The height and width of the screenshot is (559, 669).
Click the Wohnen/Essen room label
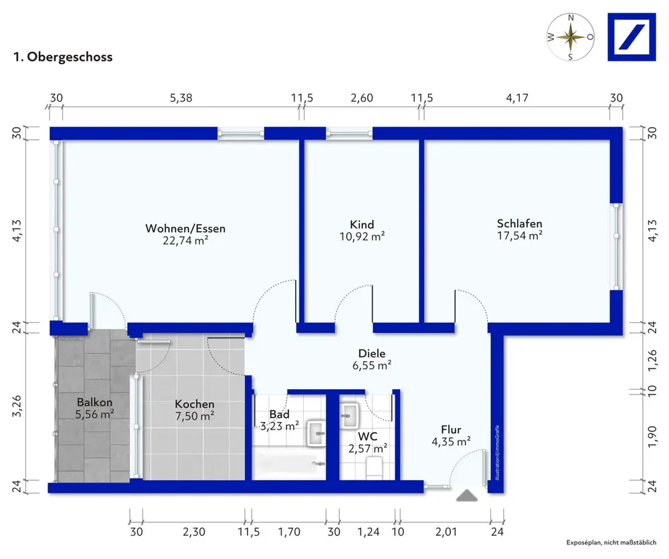pos(185,229)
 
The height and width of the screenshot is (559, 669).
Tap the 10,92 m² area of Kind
pos(362,236)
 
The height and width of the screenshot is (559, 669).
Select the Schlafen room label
pos(519,223)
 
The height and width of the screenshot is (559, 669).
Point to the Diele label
pos(371,353)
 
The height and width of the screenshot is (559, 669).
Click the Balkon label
pos(95,402)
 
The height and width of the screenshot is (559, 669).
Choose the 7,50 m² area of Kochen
pos(195,416)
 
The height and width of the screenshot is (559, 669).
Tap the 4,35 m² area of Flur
pos(451,441)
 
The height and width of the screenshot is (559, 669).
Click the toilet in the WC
pos(375,468)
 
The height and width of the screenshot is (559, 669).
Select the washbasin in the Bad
pos(316,434)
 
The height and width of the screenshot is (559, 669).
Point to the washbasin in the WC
pos(350,415)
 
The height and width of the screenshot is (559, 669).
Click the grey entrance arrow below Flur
pos(467,495)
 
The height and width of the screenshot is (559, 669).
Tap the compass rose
pos(571,37)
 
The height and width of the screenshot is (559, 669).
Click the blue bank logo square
pos(632,37)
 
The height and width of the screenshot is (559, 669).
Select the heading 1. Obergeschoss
pos(63,57)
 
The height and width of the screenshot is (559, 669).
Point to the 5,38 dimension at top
pos(181,98)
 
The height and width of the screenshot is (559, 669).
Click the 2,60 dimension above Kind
pos(362,98)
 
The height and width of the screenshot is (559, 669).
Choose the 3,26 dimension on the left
pos(17,407)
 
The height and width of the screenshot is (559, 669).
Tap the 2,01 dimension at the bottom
pos(446,532)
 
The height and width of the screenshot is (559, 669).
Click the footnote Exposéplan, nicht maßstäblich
pos(611,542)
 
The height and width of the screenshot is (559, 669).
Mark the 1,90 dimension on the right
pos(652,437)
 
